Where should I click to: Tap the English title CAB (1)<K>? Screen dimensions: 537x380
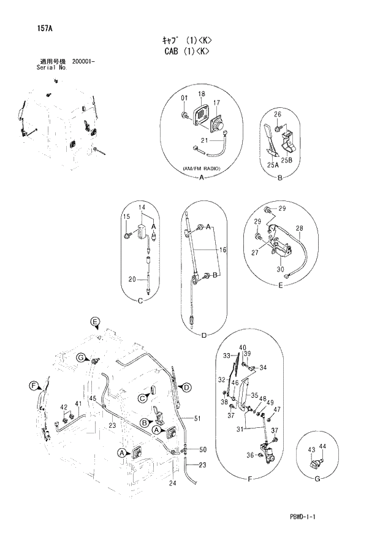coord(186,52)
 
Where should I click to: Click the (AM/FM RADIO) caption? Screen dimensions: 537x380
coord(201,168)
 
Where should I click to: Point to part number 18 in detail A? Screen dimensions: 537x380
coord(201,93)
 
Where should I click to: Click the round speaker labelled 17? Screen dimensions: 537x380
coord(219,126)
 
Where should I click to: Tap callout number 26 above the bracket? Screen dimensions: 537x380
coord(277,114)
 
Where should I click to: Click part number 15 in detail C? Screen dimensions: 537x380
coord(126,216)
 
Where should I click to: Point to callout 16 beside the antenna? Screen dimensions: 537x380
coord(223,250)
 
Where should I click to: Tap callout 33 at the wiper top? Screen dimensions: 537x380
coord(226,356)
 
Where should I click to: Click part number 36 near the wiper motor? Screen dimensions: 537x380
coord(251,455)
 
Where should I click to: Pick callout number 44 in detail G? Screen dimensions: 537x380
coord(322,447)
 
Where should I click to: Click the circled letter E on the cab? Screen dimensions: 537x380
coord(94,322)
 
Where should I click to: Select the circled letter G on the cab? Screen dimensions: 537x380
coord(80,357)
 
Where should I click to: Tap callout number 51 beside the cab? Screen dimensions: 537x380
coord(197,419)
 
